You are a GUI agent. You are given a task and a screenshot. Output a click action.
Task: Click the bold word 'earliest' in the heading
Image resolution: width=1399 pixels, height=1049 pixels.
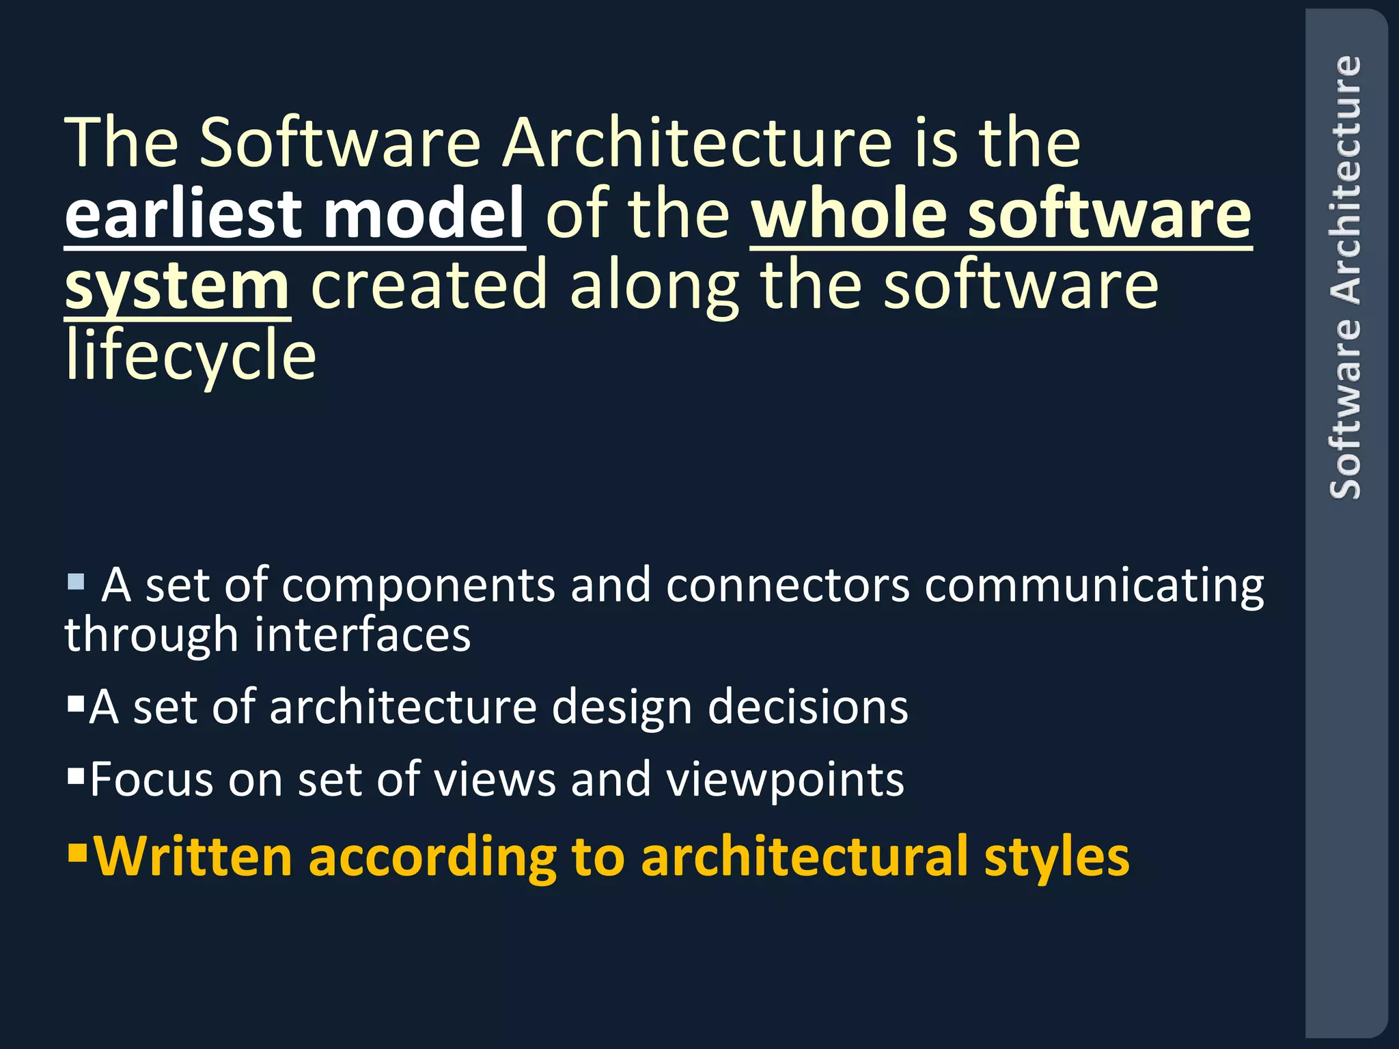point(183,214)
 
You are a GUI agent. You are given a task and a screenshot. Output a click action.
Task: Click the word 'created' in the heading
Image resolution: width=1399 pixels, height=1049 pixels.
point(429,285)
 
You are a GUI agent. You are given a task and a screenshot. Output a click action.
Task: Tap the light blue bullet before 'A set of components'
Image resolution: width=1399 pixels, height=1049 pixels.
point(76,582)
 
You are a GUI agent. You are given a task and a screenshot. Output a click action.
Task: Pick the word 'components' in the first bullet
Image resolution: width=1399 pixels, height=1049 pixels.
point(418,586)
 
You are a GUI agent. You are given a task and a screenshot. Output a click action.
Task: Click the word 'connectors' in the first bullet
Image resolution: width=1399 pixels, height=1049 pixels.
point(788,586)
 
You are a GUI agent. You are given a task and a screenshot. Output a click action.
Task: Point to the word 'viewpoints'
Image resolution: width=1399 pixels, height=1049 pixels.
point(785,780)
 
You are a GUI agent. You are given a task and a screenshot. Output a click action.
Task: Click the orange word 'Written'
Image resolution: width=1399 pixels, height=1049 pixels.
point(193,856)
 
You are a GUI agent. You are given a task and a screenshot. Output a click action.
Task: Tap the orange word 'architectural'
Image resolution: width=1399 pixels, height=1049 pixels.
point(805,856)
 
